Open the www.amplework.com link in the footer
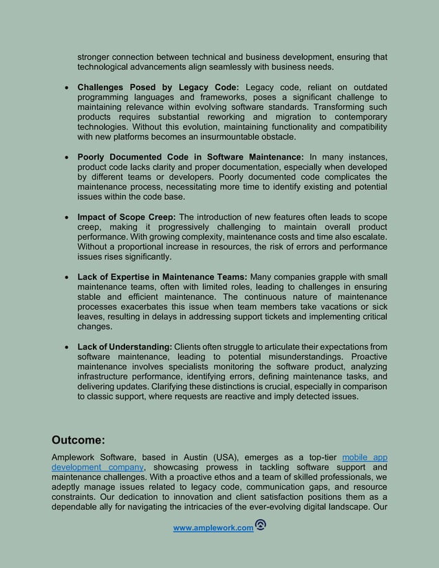[x=213, y=527]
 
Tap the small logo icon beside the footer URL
[x=261, y=525]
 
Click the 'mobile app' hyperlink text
[x=365, y=457]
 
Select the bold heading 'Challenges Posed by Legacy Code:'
[x=158, y=87]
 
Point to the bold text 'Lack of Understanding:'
[x=125, y=346]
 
